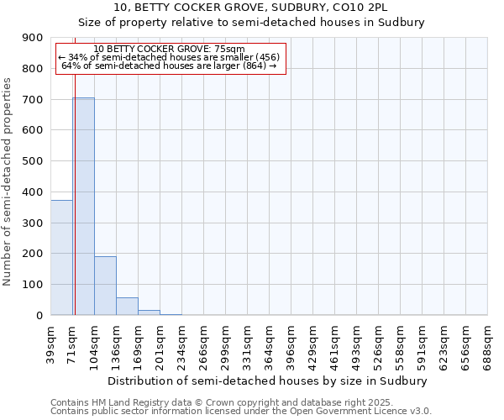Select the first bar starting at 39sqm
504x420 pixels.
61,257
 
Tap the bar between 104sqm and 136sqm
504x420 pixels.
105,286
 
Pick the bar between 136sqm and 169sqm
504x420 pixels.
127,307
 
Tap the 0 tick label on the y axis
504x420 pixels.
39,316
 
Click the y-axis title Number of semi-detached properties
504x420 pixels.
8,181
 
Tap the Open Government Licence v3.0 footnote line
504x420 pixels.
241,412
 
